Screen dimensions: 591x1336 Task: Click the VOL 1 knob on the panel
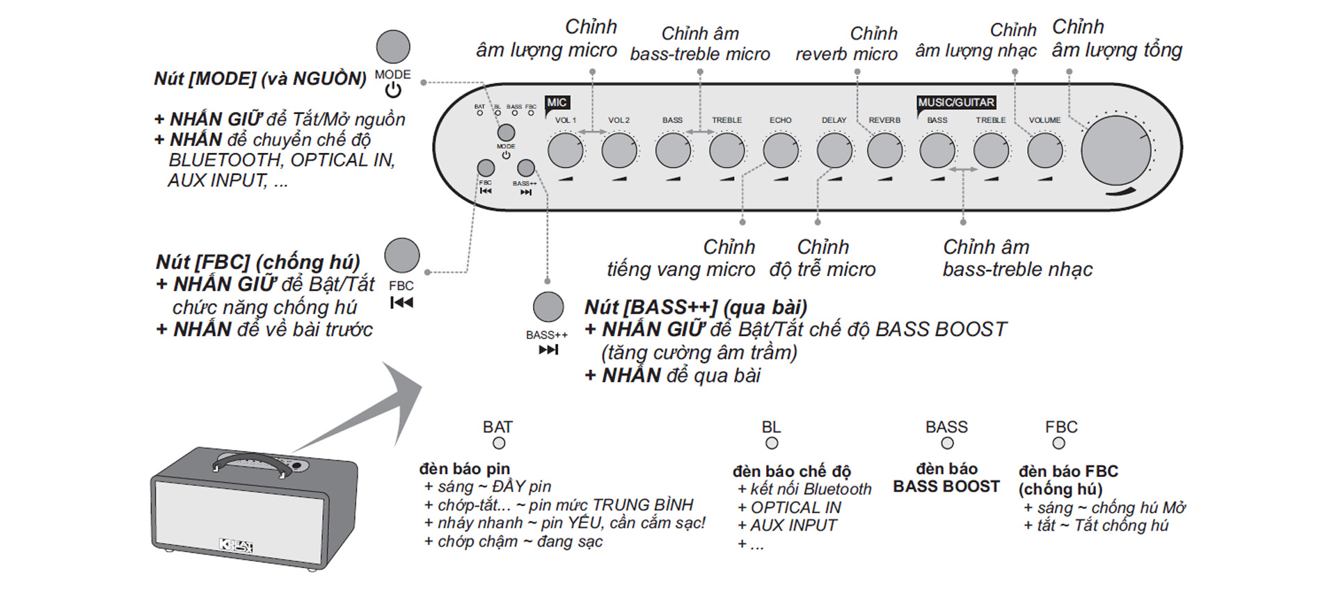[565, 150]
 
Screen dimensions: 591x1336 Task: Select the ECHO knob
[780, 150]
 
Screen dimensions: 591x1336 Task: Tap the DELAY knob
[834, 150]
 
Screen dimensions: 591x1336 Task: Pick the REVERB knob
[884, 150]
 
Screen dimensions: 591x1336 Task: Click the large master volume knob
[1115, 151]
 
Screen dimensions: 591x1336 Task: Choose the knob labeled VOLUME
[1044, 150]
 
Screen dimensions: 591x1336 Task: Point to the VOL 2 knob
[619, 150]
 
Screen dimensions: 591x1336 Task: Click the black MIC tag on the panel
[557, 103]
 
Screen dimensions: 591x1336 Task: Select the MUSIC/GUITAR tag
[956, 103]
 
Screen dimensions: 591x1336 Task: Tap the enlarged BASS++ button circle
[548, 307]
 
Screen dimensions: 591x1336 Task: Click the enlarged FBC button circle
[401, 255]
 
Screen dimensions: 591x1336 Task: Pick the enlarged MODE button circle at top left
[393, 47]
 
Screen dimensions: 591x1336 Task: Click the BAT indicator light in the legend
[499, 443]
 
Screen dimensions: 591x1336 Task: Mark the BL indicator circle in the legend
[772, 443]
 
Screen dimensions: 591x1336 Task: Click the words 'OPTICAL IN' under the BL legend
[795, 508]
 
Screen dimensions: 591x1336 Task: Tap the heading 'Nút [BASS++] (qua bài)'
[695, 307]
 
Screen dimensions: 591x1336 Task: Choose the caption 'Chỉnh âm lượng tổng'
[1116, 39]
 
